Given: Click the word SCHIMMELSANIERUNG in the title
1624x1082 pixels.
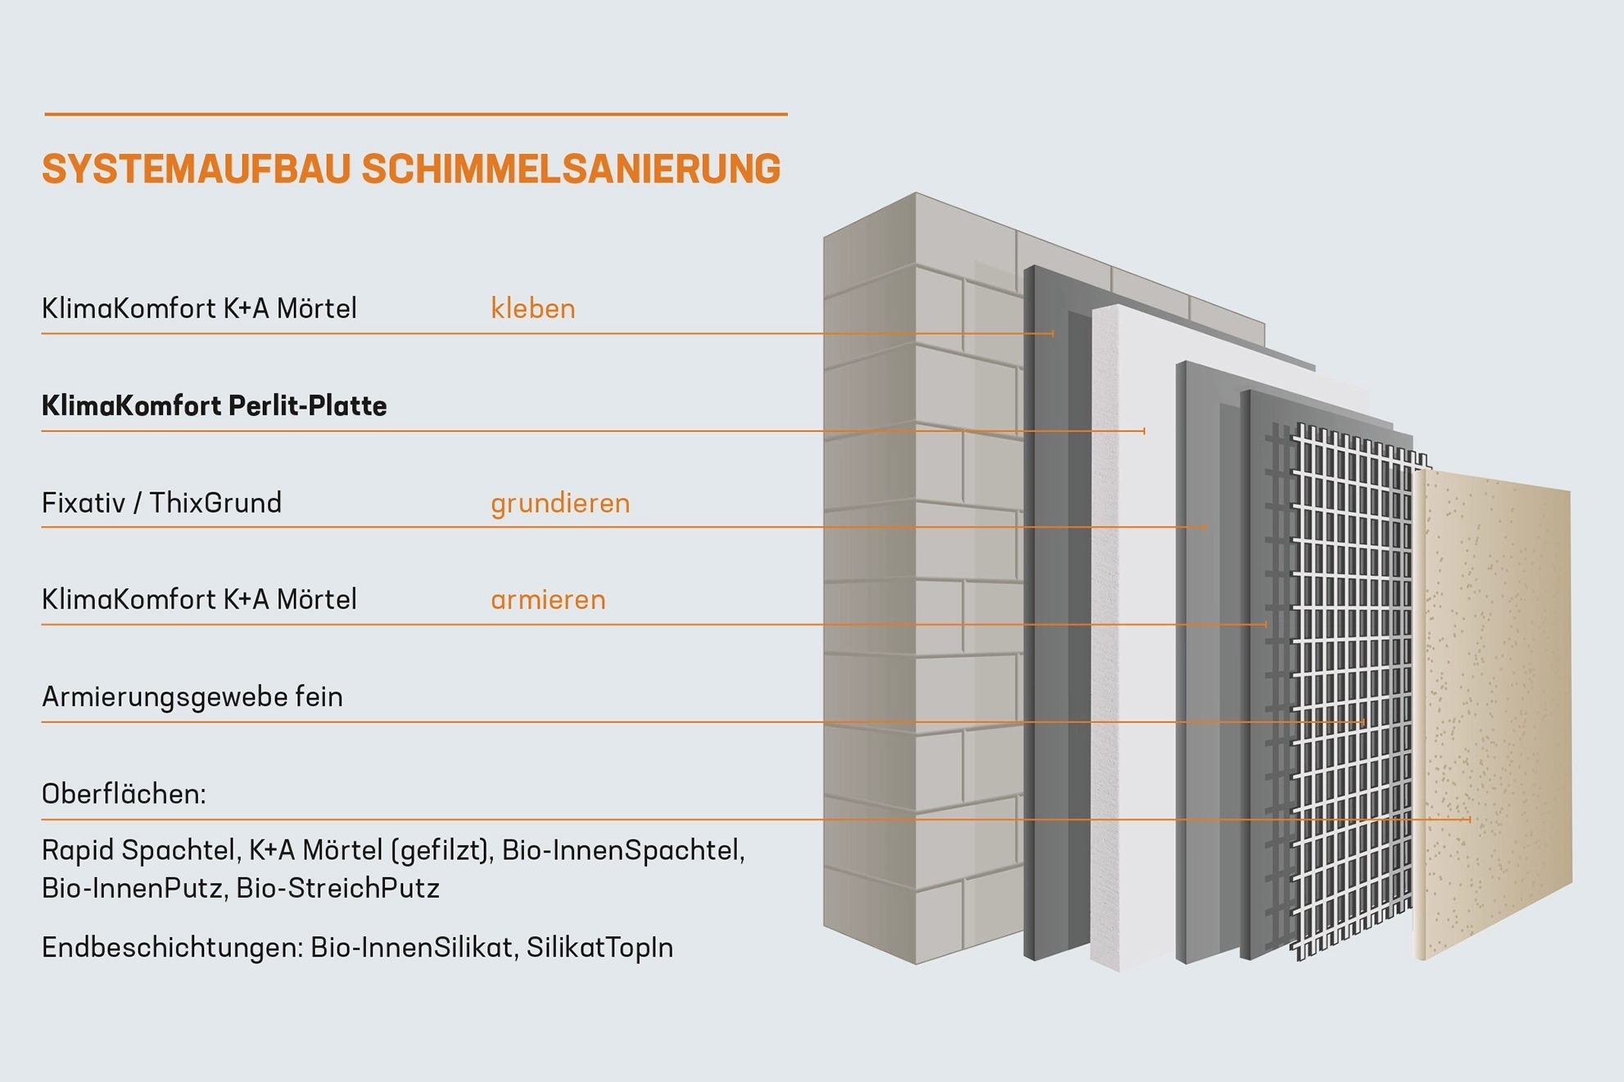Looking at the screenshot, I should (571, 170).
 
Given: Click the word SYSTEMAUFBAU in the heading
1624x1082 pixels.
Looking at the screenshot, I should (197, 170).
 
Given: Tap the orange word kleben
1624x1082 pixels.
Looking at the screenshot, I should (532, 309).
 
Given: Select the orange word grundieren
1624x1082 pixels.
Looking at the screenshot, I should (560, 503).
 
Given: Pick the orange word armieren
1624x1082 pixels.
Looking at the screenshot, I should (548, 600).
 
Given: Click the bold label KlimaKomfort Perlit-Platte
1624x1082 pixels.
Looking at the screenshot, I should (214, 405).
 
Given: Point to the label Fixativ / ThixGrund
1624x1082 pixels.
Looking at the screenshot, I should (161, 503).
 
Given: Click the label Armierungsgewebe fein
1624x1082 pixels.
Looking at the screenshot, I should (192, 697).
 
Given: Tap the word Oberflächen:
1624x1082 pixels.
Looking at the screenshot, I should (124, 794).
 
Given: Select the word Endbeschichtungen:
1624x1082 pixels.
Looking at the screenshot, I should (173, 948).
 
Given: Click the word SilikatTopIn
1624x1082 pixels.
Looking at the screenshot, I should (599, 948).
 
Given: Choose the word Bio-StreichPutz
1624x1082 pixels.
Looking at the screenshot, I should (337, 889).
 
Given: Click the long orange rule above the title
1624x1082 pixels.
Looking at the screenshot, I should (415, 115).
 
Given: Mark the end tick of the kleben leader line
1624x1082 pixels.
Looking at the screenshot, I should (1052, 333).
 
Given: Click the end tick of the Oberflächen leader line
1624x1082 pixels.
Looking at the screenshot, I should (1470, 819).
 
